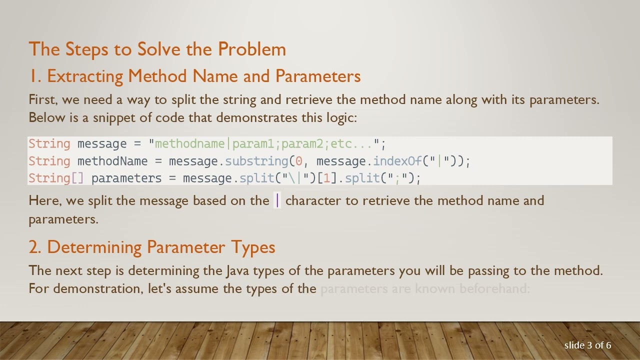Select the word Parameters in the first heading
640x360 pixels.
318,76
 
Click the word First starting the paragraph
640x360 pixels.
43,99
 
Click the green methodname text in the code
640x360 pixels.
190,144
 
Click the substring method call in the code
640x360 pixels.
256,161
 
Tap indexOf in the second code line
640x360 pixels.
397,161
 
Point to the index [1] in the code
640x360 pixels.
327,178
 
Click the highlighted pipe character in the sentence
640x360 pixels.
278,201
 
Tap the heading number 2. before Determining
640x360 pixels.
36,247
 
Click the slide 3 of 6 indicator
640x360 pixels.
587,345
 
